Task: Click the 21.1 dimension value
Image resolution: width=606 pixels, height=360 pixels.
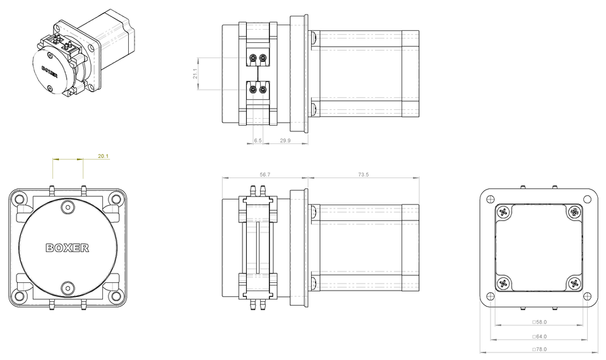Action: point(195,73)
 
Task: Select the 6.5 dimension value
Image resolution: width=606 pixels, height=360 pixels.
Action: point(258,140)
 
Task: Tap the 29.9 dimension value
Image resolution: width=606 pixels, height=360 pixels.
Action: point(285,140)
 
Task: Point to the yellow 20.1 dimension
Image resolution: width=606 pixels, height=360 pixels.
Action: point(103,156)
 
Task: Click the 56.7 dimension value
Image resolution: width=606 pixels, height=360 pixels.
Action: point(265,174)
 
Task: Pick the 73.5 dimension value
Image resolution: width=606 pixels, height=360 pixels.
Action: point(364,174)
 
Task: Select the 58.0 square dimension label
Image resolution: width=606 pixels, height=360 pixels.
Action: point(540,321)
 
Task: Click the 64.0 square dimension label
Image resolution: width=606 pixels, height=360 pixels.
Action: point(540,337)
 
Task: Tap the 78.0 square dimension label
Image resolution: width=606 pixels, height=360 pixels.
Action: point(540,349)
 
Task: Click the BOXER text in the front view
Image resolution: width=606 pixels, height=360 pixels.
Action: point(68,248)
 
